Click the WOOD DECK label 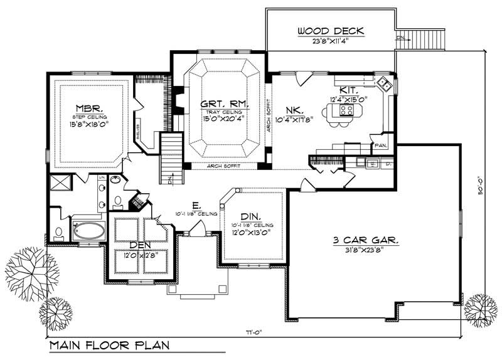tap(331, 31)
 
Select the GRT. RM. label tap(224, 103)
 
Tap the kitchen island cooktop tap(345, 111)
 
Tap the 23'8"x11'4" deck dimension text tap(331, 42)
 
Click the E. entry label tap(196, 205)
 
